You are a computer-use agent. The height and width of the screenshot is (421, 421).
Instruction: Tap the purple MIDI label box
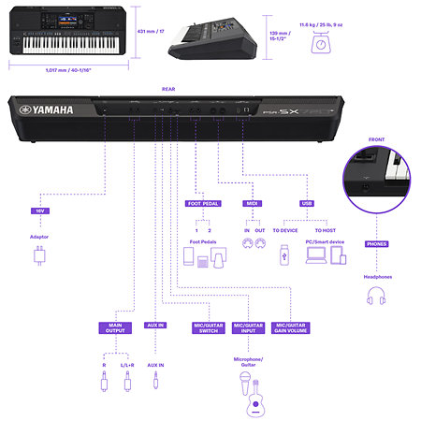252,202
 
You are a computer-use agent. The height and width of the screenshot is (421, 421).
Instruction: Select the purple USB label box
307,202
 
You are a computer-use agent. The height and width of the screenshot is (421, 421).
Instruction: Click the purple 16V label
39,211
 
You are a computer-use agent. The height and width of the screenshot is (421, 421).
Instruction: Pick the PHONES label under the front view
377,243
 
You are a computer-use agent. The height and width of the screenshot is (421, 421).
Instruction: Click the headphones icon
377,298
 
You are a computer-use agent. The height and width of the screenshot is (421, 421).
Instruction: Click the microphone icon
245,380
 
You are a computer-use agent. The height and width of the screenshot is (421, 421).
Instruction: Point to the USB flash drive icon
283,254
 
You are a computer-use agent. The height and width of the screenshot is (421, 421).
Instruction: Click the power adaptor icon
39,258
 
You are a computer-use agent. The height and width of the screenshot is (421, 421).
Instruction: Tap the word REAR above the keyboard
168,91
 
